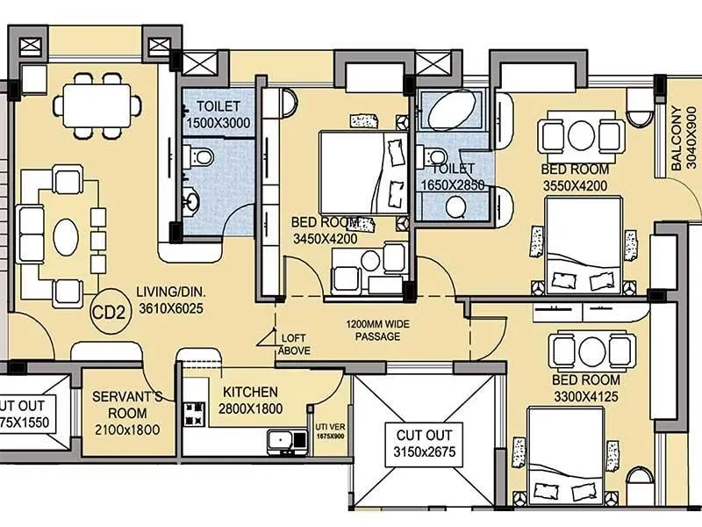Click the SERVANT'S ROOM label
point(127,404)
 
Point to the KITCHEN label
point(250,392)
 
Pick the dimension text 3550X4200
point(576,184)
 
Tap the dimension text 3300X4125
point(586,395)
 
